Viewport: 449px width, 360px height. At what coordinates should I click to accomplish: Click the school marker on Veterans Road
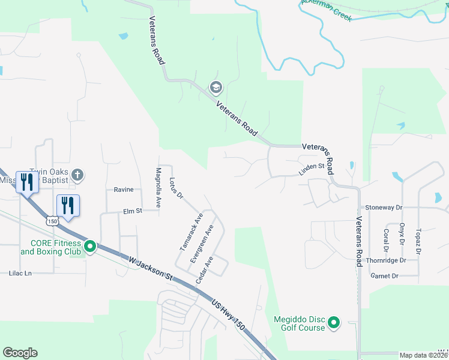(215, 89)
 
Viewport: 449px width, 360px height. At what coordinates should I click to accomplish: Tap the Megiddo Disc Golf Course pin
(334, 323)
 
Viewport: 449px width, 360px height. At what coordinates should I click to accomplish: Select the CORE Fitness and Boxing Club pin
(90, 246)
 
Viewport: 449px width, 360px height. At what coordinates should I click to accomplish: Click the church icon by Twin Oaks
(76, 175)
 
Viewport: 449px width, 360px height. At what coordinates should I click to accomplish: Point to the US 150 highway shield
(53, 221)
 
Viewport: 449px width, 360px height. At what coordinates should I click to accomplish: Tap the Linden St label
(312, 170)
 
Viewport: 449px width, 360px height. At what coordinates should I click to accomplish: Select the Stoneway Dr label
(383, 207)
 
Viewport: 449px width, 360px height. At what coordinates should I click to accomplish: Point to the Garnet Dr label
(385, 276)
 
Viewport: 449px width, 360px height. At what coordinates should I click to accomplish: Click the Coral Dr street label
(385, 239)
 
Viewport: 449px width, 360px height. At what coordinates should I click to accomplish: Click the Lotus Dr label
(175, 188)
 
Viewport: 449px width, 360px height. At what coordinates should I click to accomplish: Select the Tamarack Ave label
(192, 232)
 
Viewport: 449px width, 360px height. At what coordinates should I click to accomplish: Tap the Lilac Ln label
(20, 273)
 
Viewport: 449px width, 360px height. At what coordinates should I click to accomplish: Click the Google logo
(20, 353)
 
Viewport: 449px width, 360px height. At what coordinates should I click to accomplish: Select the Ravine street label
(123, 190)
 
